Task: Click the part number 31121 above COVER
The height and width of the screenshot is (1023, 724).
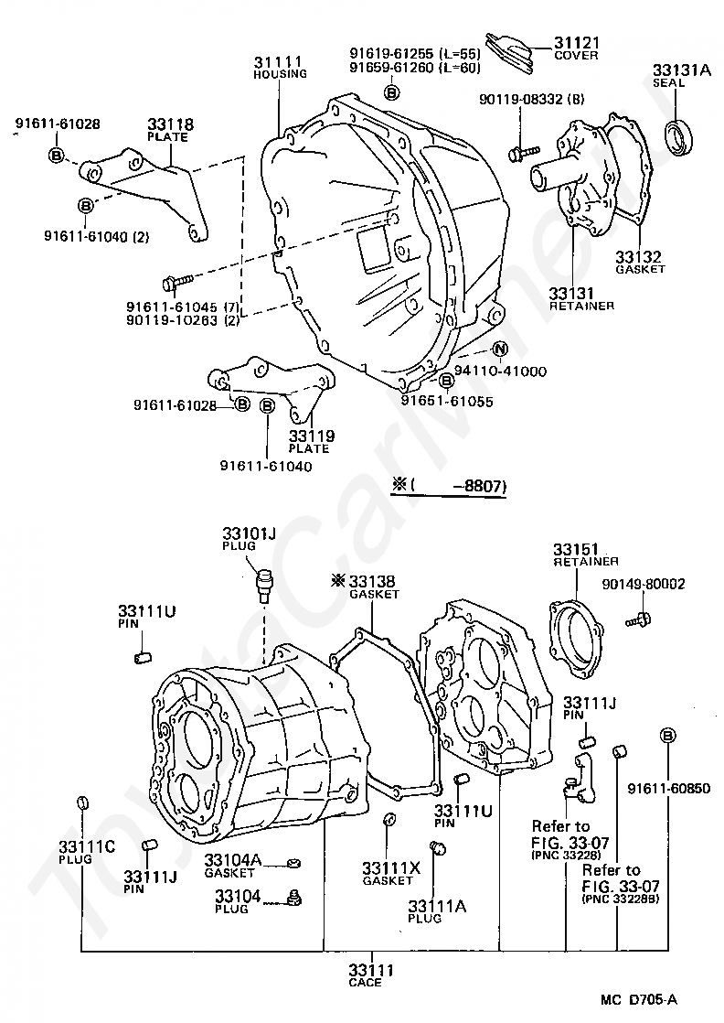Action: [576, 43]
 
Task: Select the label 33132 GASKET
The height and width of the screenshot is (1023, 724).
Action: [638, 257]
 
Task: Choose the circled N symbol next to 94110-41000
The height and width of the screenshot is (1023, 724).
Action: [499, 349]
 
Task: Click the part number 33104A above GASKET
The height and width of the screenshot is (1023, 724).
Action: [232, 861]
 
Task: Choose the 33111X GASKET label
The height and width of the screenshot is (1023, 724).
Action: [390, 868]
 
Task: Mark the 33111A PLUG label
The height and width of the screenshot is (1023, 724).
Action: [437, 906]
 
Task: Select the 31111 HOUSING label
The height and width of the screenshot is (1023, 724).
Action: [279, 63]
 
